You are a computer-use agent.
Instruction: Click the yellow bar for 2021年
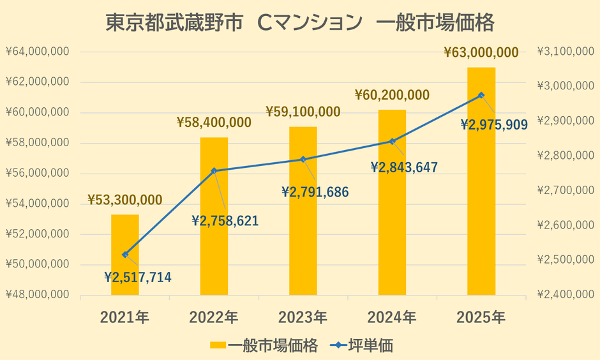coord(125,255)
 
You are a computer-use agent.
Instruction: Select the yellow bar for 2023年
coord(303,211)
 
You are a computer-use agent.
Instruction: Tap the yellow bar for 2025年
coord(481,181)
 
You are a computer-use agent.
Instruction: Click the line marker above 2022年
coord(214,170)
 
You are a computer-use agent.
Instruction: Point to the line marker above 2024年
coord(393,141)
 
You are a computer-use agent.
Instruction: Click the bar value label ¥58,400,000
coord(214,121)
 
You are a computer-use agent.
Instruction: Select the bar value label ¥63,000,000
coord(481,52)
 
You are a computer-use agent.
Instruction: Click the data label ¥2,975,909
coord(494,124)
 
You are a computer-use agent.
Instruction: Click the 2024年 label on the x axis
coord(392,317)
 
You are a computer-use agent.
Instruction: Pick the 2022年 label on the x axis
coord(214,317)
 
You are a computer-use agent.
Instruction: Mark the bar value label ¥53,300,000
coord(125,200)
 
